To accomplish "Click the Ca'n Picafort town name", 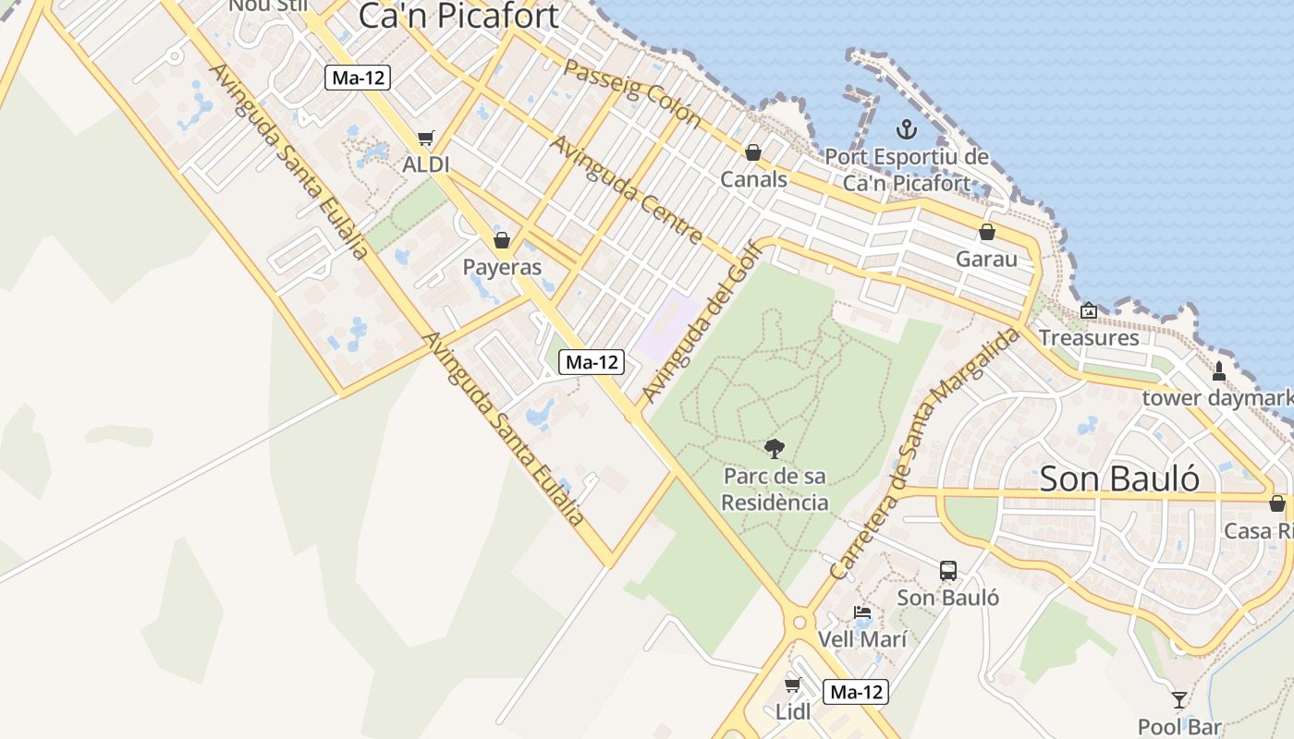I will pos(458,16).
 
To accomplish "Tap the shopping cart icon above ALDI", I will pos(425,139).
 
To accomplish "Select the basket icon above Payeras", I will pos(502,240).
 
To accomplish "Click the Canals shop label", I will pos(753,179).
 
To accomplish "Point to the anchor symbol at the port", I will pos(906,129).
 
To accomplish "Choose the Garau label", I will pos(986,259).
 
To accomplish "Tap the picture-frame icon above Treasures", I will pos(1089,311).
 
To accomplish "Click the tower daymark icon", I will pos(1218,371).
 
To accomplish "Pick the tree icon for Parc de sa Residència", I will pos(775,449).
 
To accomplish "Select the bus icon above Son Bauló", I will pos(948,571).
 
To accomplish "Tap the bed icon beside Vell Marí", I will pos(862,612).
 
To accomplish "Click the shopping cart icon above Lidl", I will pos(792,684).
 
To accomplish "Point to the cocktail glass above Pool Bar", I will pos(1178,699).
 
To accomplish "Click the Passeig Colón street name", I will pos(633,92).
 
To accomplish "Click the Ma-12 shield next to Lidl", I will pos(856,692).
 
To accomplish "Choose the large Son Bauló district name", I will pos(1119,479).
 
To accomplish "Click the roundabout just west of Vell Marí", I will pos(799,623).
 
